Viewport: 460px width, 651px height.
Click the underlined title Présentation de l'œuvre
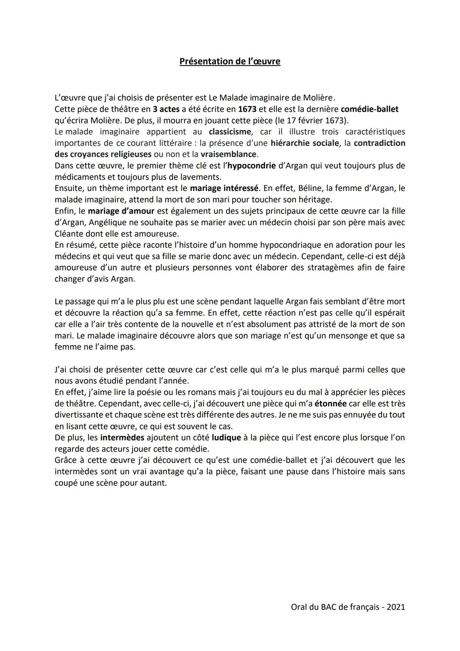point(230,61)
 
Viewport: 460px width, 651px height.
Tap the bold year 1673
point(247,109)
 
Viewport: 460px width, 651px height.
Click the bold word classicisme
point(230,132)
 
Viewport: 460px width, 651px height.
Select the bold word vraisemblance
point(228,154)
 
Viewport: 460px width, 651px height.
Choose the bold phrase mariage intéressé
point(224,188)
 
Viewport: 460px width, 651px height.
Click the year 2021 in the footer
point(396,607)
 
